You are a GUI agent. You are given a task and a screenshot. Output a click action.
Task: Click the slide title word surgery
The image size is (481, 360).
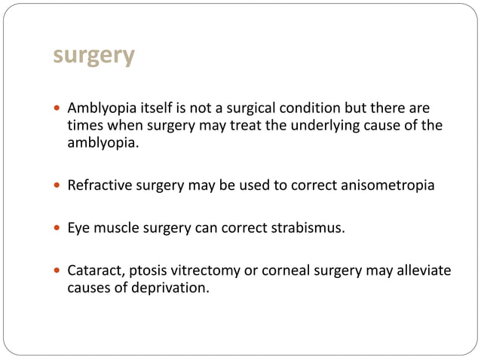94,56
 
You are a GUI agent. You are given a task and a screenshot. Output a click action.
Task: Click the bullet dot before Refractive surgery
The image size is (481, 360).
59,185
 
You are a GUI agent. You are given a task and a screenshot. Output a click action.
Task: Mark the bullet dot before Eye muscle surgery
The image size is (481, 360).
59,228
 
